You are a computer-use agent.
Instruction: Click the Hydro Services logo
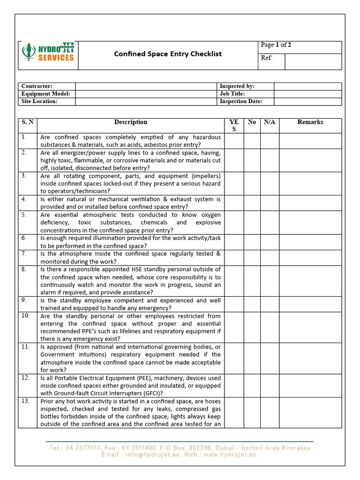coord(48,52)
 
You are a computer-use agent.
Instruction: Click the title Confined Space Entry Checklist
coord(168,54)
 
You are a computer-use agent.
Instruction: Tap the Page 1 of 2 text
coord(276,45)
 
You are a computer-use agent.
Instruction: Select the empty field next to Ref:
coord(313,62)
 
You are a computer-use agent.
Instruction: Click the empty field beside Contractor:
coord(147,86)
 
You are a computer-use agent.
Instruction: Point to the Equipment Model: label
coord(46,94)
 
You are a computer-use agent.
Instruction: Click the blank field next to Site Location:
coord(147,101)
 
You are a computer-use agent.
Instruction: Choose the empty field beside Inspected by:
coord(307,86)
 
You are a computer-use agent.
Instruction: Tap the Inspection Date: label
coord(241,101)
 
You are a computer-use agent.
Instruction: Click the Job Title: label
coord(232,94)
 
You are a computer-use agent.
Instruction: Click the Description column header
coord(130,122)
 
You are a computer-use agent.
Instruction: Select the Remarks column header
coord(310,122)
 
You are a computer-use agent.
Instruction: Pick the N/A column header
coord(270,122)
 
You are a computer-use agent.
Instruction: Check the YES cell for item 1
coord(234,141)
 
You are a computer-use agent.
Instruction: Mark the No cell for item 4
coord(252,203)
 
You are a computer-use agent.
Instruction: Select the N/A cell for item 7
coord(270,257)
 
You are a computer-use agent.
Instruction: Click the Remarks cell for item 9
coord(310,304)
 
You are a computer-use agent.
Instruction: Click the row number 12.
coord(25,378)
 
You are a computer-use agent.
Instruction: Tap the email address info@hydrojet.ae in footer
coord(155,455)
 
